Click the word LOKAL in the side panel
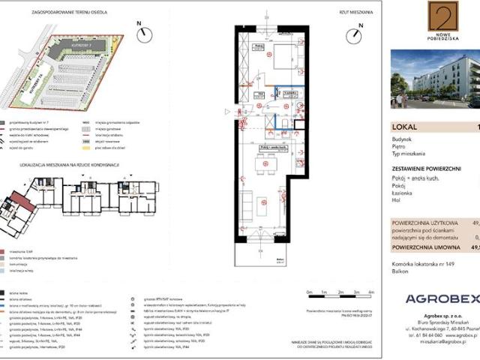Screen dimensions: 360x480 click(x=403, y=127)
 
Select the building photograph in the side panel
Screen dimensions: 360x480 click(x=435, y=79)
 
